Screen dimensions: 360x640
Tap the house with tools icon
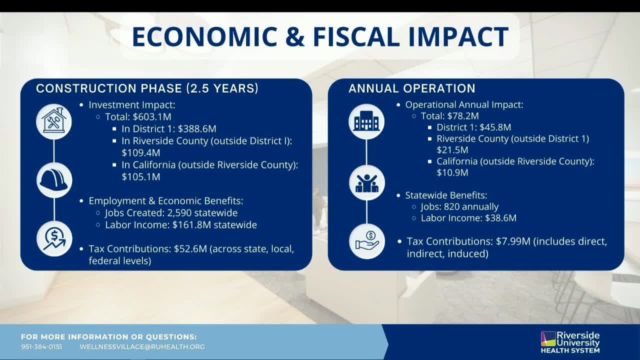point(54,121)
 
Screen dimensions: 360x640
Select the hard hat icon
point(54,180)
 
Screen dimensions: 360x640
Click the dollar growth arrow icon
point(54,238)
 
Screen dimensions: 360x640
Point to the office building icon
point(366,121)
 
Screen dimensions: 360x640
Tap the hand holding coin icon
point(366,241)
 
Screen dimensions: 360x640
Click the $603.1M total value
point(152,117)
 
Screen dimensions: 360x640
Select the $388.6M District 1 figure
point(197,129)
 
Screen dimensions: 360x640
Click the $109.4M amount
point(140,153)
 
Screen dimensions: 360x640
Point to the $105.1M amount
point(140,177)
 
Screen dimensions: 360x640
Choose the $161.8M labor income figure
point(191,225)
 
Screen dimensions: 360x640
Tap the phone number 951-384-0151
point(41,347)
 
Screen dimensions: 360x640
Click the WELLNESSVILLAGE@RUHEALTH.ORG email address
point(142,347)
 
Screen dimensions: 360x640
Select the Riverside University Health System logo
point(570,342)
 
